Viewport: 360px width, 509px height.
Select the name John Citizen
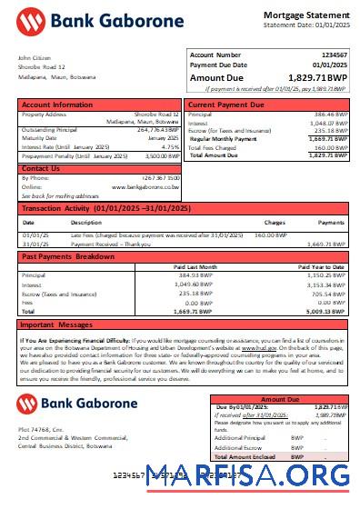tap(34, 58)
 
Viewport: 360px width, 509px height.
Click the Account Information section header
tap(57, 105)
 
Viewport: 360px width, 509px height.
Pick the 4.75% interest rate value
tap(170, 146)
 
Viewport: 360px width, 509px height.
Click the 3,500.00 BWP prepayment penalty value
tap(163, 156)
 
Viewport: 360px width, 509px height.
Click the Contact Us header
tap(41, 168)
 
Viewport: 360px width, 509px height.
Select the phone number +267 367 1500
tap(161, 178)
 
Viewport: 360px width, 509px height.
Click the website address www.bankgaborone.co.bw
tap(145, 186)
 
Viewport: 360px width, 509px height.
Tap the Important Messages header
tap(60, 324)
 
